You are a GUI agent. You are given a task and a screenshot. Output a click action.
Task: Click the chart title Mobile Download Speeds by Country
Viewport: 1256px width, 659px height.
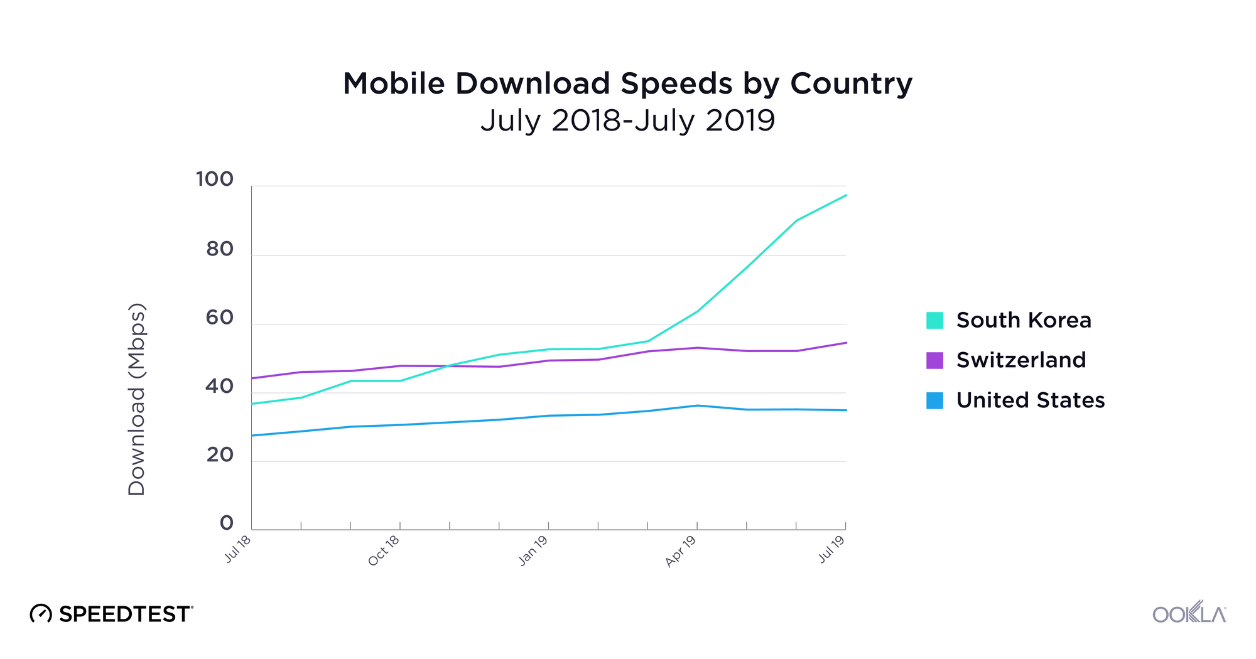[627, 83]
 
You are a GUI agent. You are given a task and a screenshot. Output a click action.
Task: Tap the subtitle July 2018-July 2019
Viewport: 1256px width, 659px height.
[627, 120]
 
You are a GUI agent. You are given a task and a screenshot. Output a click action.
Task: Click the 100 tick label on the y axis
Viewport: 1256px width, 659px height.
[215, 179]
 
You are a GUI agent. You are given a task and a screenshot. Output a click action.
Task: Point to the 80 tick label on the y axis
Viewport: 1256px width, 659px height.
[220, 250]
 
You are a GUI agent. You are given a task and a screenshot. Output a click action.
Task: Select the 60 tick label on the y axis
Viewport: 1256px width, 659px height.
[220, 318]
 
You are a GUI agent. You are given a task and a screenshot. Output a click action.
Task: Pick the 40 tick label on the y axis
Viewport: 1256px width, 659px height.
[220, 387]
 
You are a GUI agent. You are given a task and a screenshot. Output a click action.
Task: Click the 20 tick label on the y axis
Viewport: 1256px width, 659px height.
[220, 455]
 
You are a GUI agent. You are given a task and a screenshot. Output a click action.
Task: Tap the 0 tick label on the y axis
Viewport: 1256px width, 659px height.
[227, 523]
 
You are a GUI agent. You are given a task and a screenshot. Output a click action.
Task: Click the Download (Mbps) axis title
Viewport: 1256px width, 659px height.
[137, 400]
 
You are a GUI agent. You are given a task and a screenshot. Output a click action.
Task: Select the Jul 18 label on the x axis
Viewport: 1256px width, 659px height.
[238, 549]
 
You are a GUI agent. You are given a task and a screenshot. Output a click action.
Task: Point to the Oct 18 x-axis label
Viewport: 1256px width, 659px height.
[384, 551]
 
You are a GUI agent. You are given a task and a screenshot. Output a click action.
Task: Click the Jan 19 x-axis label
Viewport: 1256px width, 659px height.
[533, 551]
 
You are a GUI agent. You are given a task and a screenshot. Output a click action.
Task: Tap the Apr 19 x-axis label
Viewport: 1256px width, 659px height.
[681, 552]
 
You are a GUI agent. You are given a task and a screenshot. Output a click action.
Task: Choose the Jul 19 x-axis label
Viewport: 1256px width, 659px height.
[831, 549]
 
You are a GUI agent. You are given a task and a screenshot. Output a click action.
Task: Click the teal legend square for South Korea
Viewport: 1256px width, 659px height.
[934, 320]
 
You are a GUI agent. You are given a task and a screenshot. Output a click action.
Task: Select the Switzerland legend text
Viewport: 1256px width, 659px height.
[1020, 360]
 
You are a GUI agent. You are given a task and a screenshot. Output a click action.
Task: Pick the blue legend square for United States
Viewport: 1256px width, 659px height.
[934, 400]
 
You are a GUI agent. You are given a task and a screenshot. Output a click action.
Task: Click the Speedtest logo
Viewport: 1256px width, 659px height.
[112, 614]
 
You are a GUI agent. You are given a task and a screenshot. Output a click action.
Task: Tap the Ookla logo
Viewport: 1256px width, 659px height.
[1188, 613]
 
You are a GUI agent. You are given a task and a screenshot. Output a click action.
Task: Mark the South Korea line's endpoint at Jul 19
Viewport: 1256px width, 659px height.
[846, 195]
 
